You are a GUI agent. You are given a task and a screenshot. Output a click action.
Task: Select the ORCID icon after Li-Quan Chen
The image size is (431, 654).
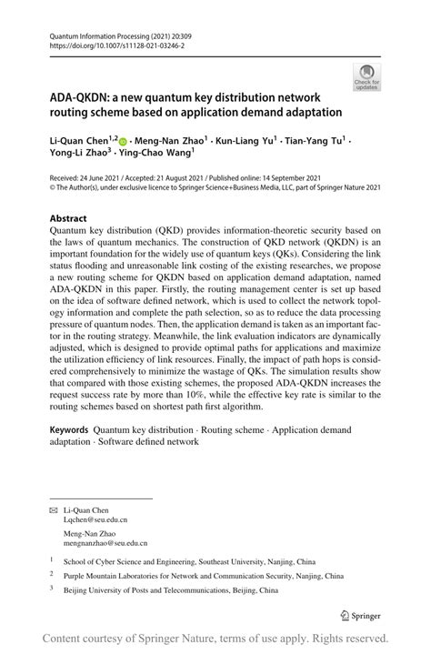pyautogui.click(x=125, y=142)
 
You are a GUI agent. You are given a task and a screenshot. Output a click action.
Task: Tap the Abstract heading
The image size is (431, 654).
pyautogui.click(x=69, y=218)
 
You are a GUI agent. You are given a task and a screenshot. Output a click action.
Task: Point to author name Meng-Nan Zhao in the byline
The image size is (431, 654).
pyautogui.click(x=170, y=142)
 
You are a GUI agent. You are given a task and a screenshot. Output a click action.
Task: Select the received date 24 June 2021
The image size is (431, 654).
pyautogui.click(x=98, y=177)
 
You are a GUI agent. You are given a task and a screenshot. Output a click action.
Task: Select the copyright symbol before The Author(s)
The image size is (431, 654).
pyautogui.click(x=53, y=188)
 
